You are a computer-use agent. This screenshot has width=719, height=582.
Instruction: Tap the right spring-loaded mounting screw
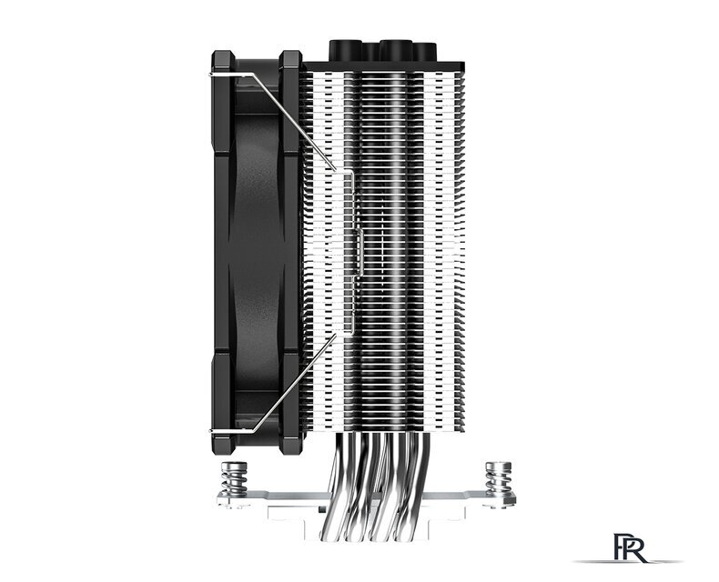pyautogui.click(x=498, y=479)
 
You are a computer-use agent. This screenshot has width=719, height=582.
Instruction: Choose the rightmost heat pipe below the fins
pyautogui.click(x=428, y=473)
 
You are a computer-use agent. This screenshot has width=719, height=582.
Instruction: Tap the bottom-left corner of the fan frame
pyautogui.click(x=219, y=441)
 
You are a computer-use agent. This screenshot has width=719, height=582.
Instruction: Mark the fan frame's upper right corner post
pyautogui.click(x=289, y=68)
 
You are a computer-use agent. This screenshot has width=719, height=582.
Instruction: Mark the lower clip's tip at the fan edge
pyautogui.click(x=216, y=430)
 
